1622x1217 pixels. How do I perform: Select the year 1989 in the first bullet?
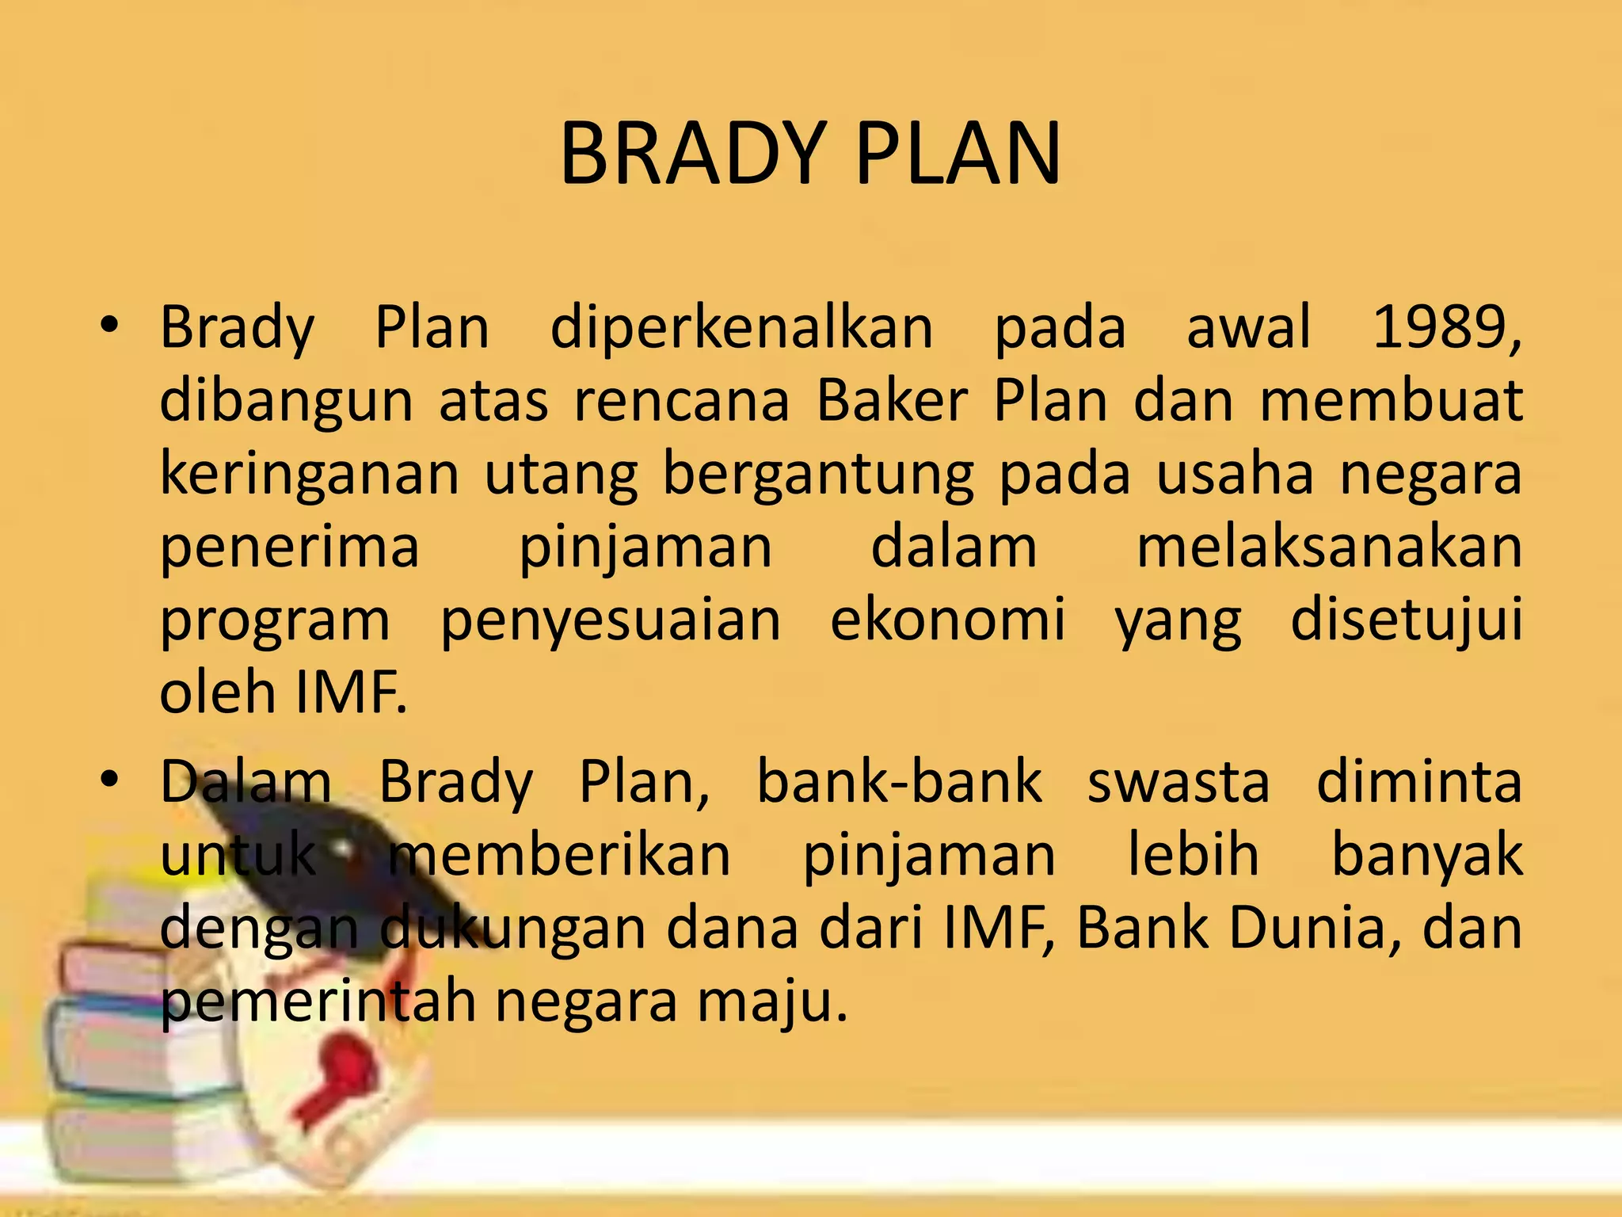pos(1446,327)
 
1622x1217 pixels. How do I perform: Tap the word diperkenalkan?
pos(741,327)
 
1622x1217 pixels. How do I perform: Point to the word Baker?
pos(892,400)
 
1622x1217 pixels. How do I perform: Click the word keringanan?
pos(309,474)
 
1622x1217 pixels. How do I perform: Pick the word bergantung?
pos(817,474)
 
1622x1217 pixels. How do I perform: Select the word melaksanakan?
pos(1329,547)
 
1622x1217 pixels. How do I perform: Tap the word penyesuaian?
pos(610,620)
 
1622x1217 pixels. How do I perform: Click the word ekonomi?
pos(947,620)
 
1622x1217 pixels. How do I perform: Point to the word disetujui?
pos(1407,620)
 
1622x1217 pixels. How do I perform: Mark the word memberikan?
pos(559,855)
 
